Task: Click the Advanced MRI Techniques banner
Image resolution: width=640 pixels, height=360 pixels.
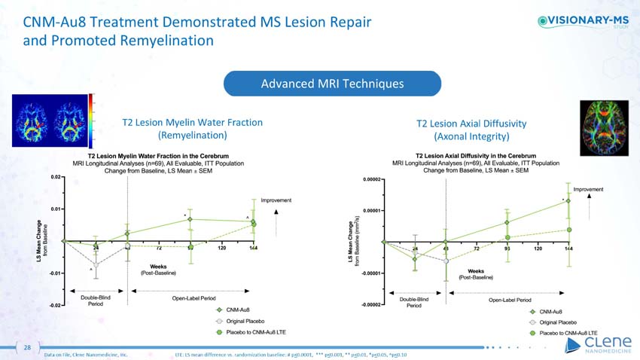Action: click(331, 83)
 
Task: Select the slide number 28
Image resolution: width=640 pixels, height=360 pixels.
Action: click(27, 347)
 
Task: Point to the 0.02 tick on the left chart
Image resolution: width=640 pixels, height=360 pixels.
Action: click(56, 177)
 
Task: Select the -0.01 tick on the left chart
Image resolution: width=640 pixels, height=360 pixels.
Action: click(55, 273)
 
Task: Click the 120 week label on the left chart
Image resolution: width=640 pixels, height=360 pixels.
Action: click(222, 247)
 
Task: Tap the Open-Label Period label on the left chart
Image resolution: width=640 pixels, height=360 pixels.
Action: click(187, 298)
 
